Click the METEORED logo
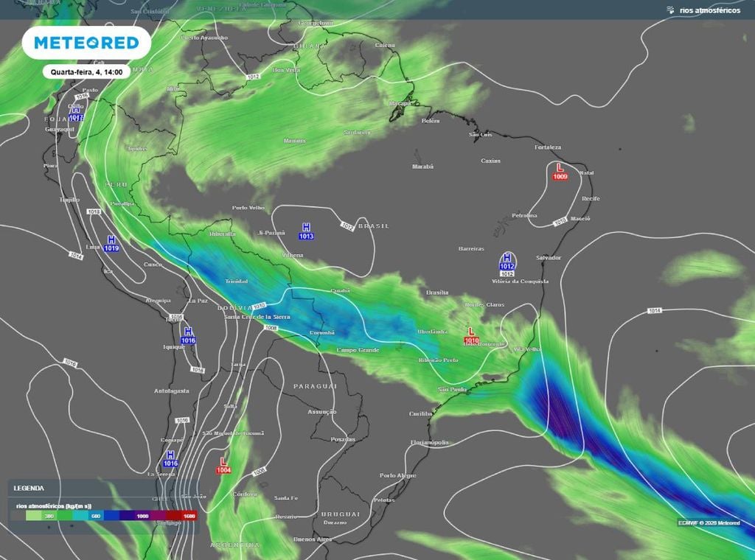pyautogui.click(x=86, y=43)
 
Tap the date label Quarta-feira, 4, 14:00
pyautogui.click(x=86, y=72)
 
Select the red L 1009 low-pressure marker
pyautogui.click(x=560, y=172)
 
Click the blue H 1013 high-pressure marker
pyautogui.click(x=306, y=231)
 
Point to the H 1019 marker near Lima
pyautogui.click(x=111, y=244)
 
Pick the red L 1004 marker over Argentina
pyautogui.click(x=223, y=466)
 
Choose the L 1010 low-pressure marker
pyautogui.click(x=472, y=336)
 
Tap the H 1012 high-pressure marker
pyautogui.click(x=507, y=262)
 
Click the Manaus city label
pyautogui.click(x=294, y=140)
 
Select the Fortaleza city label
pyautogui.click(x=548, y=147)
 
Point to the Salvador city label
pyautogui.click(x=549, y=258)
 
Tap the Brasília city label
pyautogui.click(x=437, y=293)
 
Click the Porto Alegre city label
pyautogui.click(x=398, y=475)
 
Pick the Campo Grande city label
pyautogui.click(x=358, y=350)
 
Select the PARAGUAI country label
pyautogui.click(x=315, y=386)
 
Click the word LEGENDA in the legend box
pyautogui.click(x=29, y=488)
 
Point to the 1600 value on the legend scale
pyautogui.click(x=189, y=517)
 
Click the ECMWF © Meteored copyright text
pyautogui.click(x=709, y=522)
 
